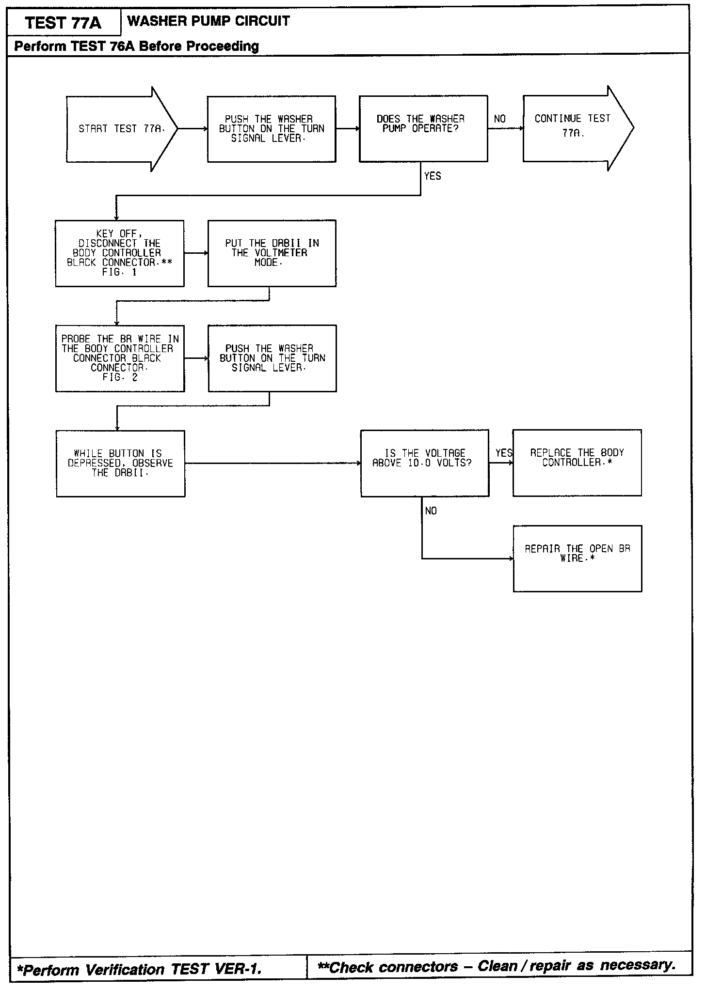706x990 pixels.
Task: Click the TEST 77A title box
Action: (64, 22)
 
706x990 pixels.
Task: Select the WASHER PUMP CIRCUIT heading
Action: (209, 21)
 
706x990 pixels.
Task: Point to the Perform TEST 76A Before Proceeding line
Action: (137, 46)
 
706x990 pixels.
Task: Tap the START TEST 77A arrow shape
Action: (121, 129)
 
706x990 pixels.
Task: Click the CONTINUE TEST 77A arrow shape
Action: (577, 128)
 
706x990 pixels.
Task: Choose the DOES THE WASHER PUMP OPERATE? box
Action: (423, 129)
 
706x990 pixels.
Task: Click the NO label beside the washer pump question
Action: (499, 119)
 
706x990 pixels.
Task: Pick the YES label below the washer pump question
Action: (433, 176)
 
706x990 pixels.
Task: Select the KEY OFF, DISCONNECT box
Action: (120, 253)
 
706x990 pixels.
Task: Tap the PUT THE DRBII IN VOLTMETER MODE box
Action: (272, 253)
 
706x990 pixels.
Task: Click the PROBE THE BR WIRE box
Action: (120, 358)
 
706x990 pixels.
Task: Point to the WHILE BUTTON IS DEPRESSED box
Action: (120, 464)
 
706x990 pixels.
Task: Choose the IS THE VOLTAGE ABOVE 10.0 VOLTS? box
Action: (424, 463)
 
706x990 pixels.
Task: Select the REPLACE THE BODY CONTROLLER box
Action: (577, 463)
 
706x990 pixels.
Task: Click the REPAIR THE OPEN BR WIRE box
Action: (578, 558)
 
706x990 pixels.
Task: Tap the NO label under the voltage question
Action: (431, 511)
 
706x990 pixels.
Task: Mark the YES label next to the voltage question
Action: (504, 453)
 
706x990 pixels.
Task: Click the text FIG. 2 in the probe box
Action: (120, 377)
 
